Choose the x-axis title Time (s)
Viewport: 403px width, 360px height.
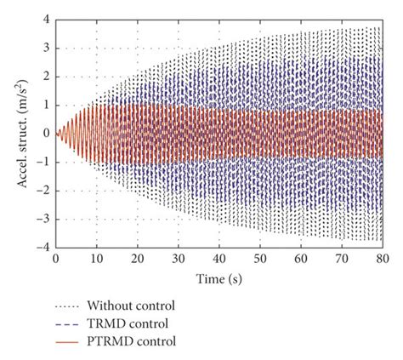click(219, 276)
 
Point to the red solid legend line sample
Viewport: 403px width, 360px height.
click(71, 341)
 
